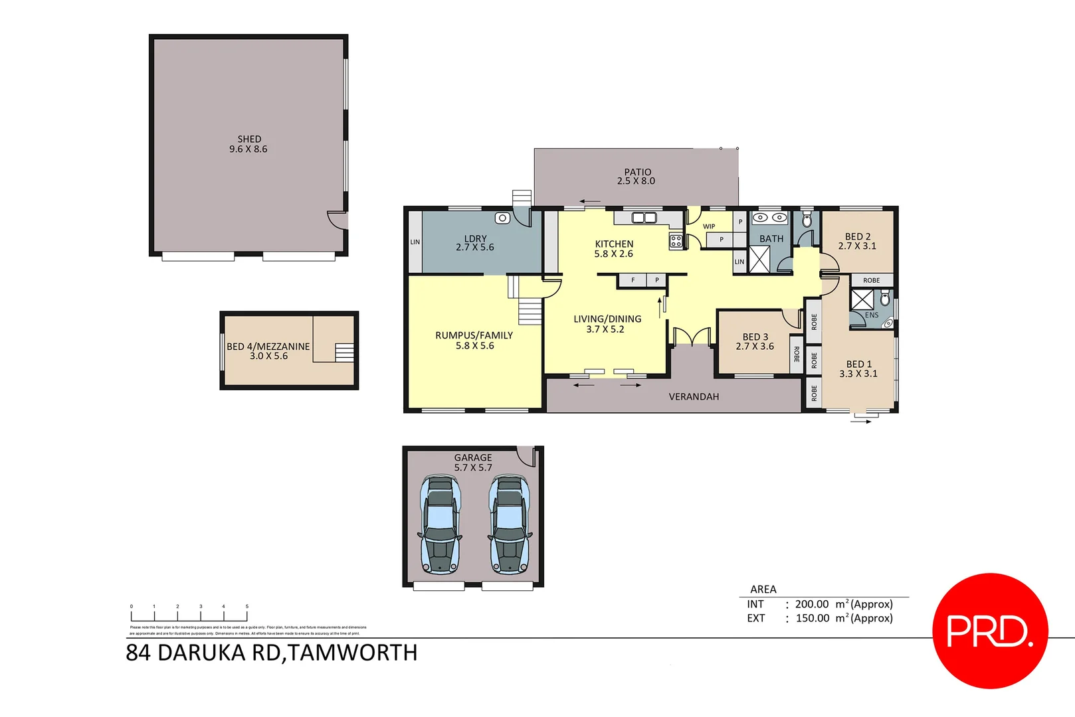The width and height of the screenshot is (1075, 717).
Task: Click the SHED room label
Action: [x=249, y=139]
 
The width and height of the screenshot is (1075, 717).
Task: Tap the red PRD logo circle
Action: [x=990, y=631]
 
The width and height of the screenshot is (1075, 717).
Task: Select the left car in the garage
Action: [x=439, y=524]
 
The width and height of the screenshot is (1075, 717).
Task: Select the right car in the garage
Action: [x=510, y=524]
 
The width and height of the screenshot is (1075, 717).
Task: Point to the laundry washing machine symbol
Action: [x=503, y=218]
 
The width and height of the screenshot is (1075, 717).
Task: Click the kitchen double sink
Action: [x=644, y=218]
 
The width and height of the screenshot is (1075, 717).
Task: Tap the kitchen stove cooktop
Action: [x=676, y=242]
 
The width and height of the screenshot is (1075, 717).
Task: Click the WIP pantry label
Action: [x=709, y=226]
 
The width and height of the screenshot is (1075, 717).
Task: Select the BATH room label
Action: [x=771, y=238]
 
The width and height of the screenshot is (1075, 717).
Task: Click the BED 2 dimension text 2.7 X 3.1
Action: [x=857, y=246]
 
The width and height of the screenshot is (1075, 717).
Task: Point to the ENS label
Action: [x=872, y=315]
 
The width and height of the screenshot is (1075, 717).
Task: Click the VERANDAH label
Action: [x=694, y=396]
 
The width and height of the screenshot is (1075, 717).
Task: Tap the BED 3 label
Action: [x=755, y=337]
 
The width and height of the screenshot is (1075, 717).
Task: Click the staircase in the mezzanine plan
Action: [x=343, y=352]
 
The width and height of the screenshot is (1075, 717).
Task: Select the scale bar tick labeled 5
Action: [x=247, y=607]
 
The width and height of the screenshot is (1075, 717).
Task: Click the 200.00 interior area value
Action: [x=812, y=604]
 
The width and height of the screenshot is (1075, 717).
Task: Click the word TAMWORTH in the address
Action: [x=353, y=653]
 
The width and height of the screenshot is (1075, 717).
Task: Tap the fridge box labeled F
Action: [x=633, y=280]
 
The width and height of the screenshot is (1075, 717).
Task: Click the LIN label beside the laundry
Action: [x=415, y=242]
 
